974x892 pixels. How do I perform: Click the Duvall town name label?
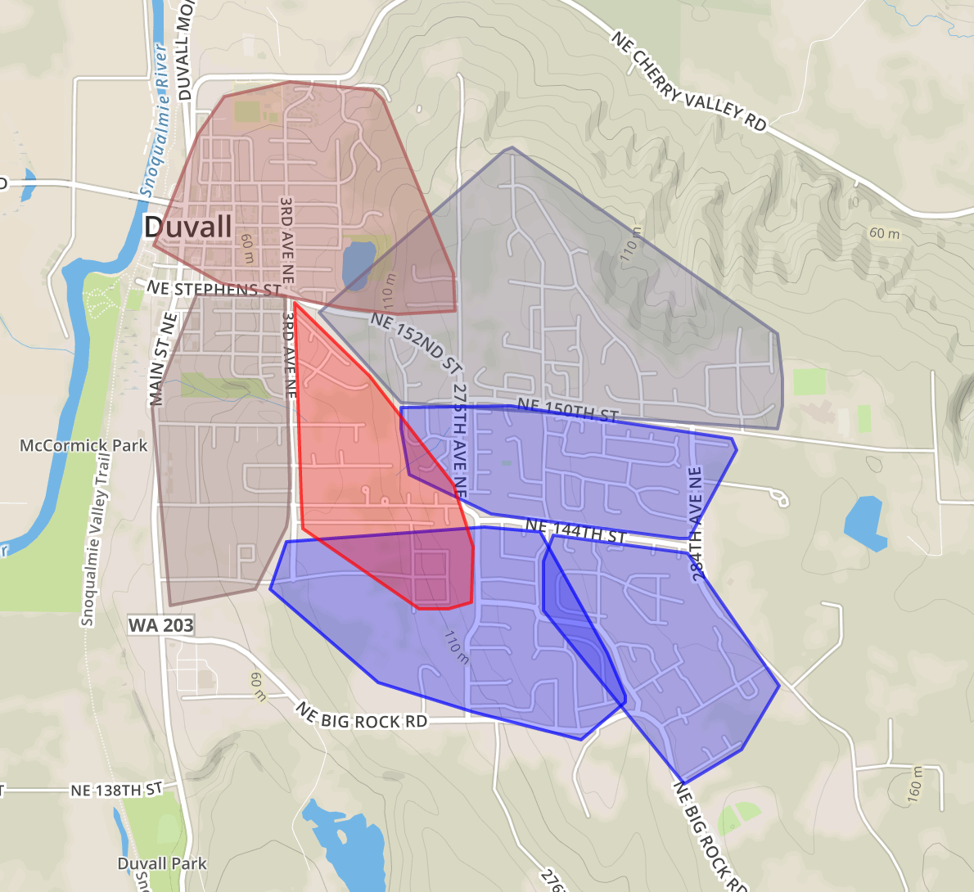tap(188, 227)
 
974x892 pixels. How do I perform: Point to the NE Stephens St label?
tap(214, 289)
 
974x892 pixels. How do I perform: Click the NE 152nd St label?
tap(416, 343)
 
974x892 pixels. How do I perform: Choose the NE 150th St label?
tap(567, 410)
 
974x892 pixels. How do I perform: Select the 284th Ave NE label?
tap(697, 524)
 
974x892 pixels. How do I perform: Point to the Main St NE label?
tap(163, 358)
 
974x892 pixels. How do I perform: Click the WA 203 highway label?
tap(161, 625)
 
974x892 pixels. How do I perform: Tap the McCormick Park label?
tap(83, 446)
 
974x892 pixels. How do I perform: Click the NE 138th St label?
tap(116, 790)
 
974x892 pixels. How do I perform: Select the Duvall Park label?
tap(162, 863)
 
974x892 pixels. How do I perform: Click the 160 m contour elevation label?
tap(914, 783)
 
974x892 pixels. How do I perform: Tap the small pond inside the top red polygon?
tap(357, 264)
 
